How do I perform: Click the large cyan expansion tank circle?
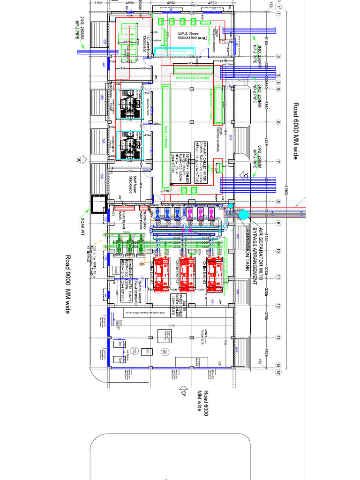pyautogui.click(x=243, y=215)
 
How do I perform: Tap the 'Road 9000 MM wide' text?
pyautogui.click(x=68, y=284)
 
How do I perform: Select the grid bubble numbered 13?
pyautogui.click(x=278, y=337)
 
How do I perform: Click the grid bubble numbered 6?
pyautogui.click(x=278, y=123)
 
